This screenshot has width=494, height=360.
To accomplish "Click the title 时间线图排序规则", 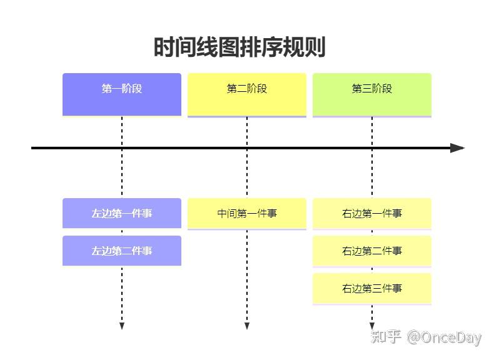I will (239, 47).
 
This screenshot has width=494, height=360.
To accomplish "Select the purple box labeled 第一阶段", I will (122, 94).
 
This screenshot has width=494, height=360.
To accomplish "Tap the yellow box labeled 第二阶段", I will (247, 94).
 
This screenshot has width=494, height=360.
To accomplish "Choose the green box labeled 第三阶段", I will (372, 94).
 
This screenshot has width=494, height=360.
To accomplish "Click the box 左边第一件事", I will (122, 213).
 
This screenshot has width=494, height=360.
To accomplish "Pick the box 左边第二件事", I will (122, 251).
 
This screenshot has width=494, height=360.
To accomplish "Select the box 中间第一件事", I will (247, 213).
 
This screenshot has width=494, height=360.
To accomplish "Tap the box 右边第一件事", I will (372, 213).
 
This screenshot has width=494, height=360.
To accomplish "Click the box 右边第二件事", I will (372, 251).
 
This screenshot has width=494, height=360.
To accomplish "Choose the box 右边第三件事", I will (372, 288).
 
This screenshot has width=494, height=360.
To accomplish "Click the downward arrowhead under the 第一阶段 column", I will (122, 326).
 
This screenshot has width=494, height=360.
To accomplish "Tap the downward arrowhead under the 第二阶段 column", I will (247, 326).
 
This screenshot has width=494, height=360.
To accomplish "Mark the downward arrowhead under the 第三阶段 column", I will (372, 326).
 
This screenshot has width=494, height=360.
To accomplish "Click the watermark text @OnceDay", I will (444, 338).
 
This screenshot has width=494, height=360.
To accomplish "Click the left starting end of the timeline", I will (33, 148).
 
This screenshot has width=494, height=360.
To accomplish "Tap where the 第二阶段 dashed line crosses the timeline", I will (247, 148).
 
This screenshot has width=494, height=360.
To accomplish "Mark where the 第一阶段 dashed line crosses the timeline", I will (122, 148).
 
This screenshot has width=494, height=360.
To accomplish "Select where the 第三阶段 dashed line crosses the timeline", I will (372, 148).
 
